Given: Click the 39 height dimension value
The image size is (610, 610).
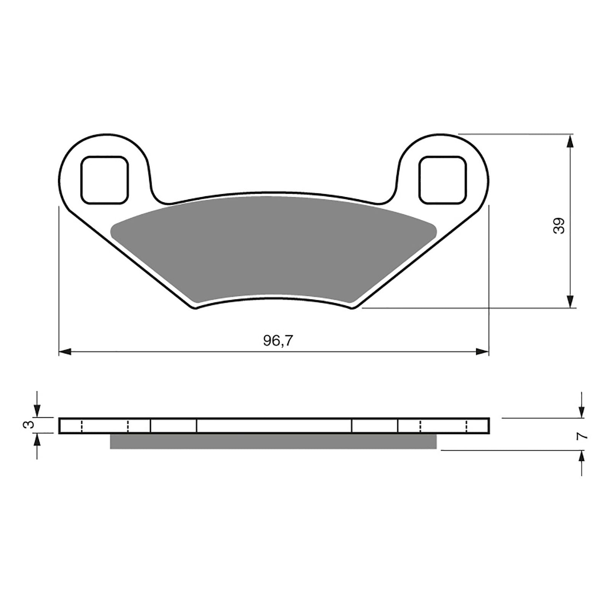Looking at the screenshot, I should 559,226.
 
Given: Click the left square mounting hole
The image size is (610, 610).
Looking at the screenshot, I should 104,180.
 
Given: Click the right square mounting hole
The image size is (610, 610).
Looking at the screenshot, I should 442,180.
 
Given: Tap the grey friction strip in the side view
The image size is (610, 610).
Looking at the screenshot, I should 273,441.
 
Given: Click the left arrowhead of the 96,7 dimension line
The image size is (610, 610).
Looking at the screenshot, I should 65,352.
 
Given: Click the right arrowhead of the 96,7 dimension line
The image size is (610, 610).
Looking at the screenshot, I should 482,352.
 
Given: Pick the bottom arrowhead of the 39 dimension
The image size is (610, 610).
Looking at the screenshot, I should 570,301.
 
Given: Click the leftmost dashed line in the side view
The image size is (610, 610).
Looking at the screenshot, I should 82,426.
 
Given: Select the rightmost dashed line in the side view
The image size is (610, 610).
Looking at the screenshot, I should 466,426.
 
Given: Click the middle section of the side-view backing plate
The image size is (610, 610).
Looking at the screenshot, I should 274,425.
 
